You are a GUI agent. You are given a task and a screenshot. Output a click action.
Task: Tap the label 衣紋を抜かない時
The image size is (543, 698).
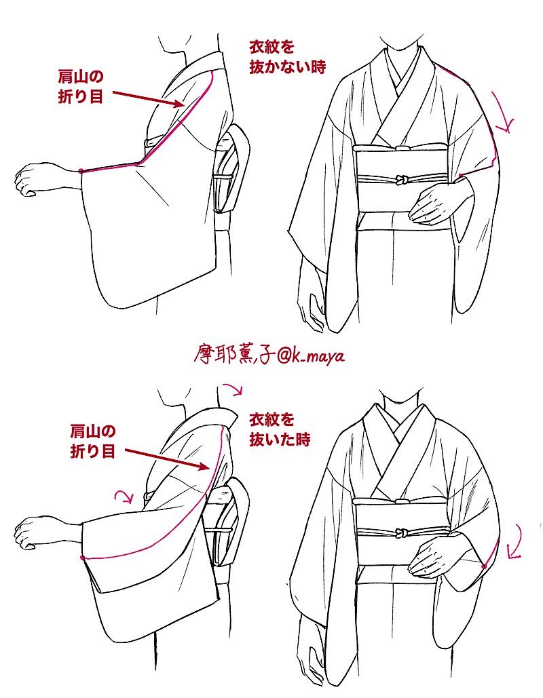(287, 57)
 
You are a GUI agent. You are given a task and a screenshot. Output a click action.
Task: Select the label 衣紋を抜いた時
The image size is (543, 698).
(279, 429)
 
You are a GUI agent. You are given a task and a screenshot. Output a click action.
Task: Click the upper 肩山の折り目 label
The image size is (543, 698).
(81, 87)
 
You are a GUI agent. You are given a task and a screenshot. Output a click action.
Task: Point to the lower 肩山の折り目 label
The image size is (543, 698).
(93, 442)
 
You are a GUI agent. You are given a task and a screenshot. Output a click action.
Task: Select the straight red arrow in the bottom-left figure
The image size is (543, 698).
(167, 459)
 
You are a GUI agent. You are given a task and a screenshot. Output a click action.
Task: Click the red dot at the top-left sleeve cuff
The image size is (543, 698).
(81, 170)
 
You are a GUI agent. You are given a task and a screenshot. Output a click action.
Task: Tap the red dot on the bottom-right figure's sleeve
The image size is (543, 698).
(484, 566)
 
